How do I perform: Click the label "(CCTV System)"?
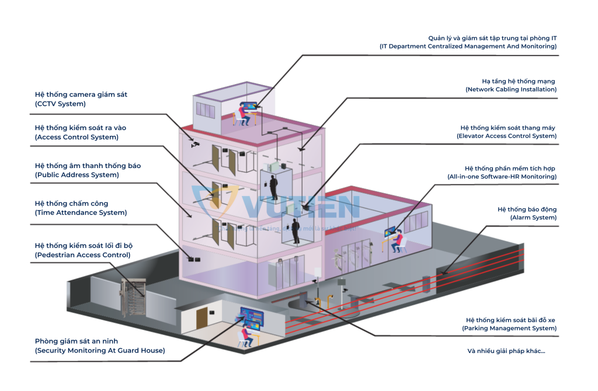[x=60, y=104]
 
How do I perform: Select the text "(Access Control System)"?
[x=76, y=137]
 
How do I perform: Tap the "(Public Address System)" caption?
[x=77, y=174]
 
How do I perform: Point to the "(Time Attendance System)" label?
[x=81, y=213]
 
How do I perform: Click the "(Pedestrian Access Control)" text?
[x=82, y=255]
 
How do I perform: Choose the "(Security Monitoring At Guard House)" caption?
[x=99, y=351]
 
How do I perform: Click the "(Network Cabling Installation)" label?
[x=511, y=89]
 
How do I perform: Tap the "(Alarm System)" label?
[x=533, y=218]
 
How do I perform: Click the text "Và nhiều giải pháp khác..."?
[x=506, y=351]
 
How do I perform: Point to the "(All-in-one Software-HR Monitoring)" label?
[x=502, y=176]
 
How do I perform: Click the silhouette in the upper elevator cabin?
[x=273, y=187]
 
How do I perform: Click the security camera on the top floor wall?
[x=195, y=143]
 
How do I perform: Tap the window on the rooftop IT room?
[x=206, y=110]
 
